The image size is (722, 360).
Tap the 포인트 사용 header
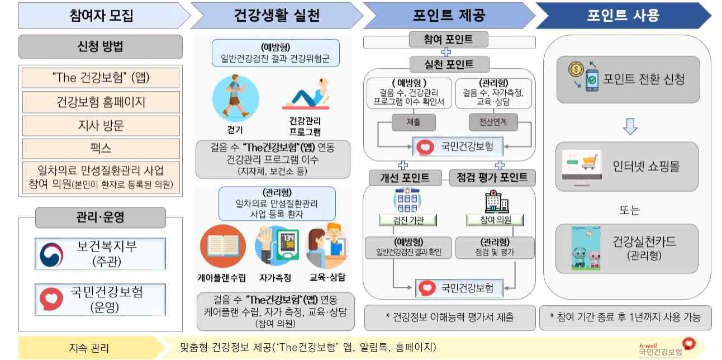click(623, 15)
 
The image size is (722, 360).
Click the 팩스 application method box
click(101, 149)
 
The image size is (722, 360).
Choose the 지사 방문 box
click(101, 125)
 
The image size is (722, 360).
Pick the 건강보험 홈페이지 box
click(101, 102)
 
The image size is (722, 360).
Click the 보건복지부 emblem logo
click(54, 254)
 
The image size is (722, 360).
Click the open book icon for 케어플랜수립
click(222, 247)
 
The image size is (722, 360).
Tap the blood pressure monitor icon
click(277, 246)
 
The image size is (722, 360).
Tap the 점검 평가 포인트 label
click(492, 178)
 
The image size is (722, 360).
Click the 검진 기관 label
click(409, 220)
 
